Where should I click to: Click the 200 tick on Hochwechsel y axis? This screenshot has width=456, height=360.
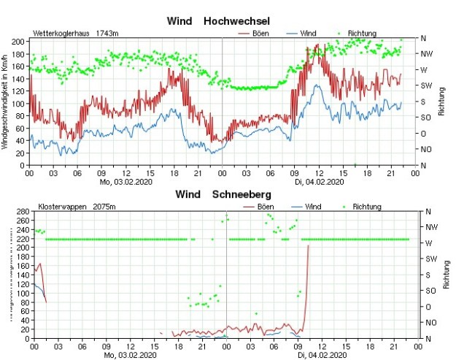(x=21, y=41)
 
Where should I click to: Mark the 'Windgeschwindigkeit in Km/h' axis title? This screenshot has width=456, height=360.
(x=5, y=102)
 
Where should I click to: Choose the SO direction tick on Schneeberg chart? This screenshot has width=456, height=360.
(x=429, y=291)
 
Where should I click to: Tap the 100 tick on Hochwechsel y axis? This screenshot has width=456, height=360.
(x=21, y=103)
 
